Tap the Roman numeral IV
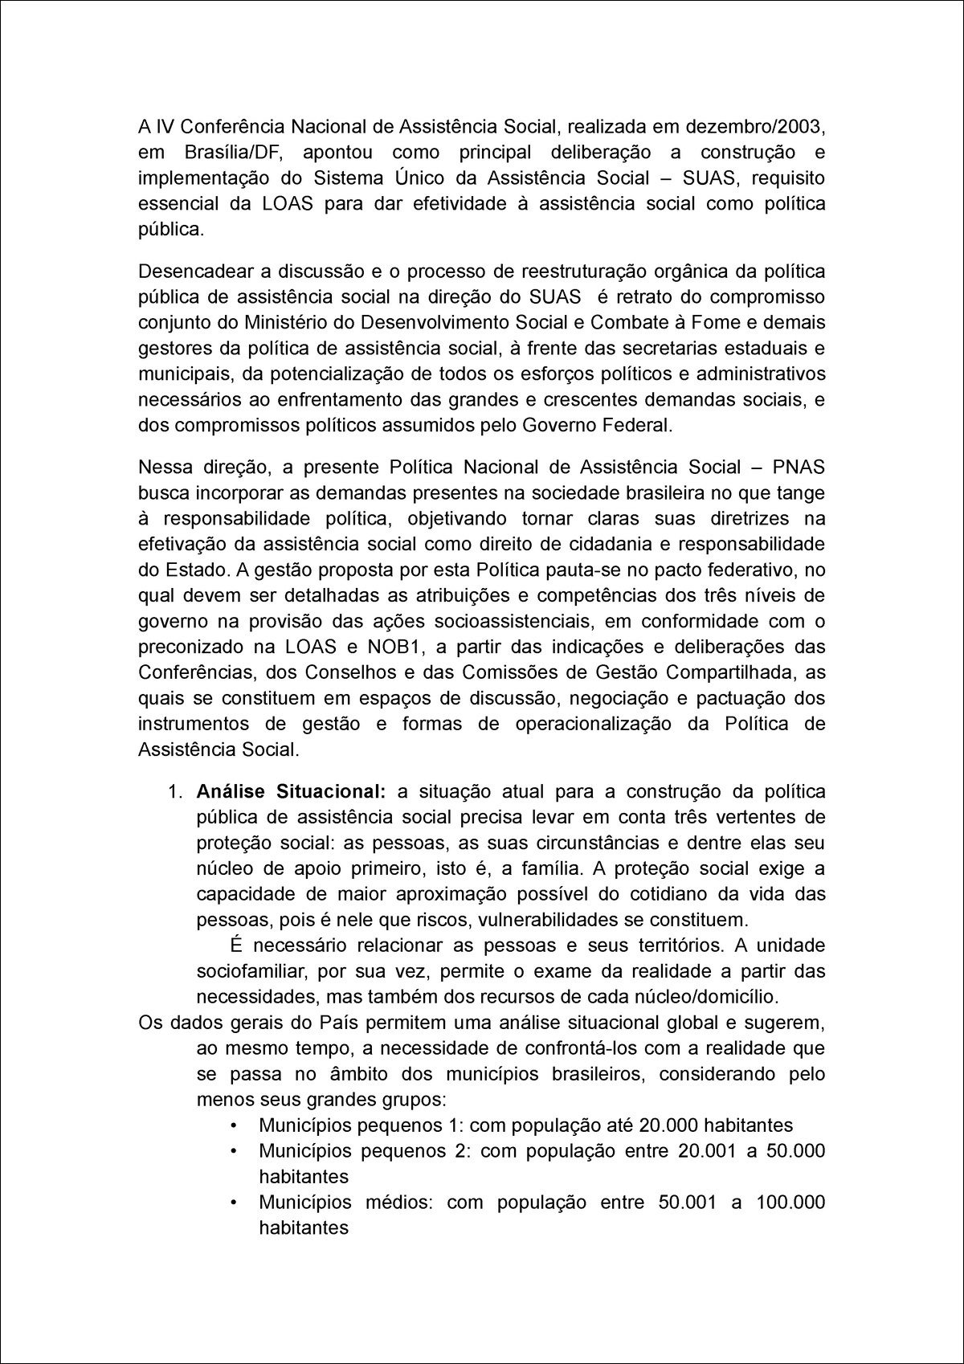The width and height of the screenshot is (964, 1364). pyautogui.click(x=164, y=126)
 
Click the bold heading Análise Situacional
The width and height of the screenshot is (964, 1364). pyautogui.click(x=291, y=791)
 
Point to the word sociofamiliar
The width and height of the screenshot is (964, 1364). pyautogui.click(x=250, y=971)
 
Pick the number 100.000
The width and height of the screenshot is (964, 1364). pyautogui.click(x=790, y=1203)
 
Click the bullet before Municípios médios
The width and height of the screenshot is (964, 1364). pyautogui.click(x=234, y=1203)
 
